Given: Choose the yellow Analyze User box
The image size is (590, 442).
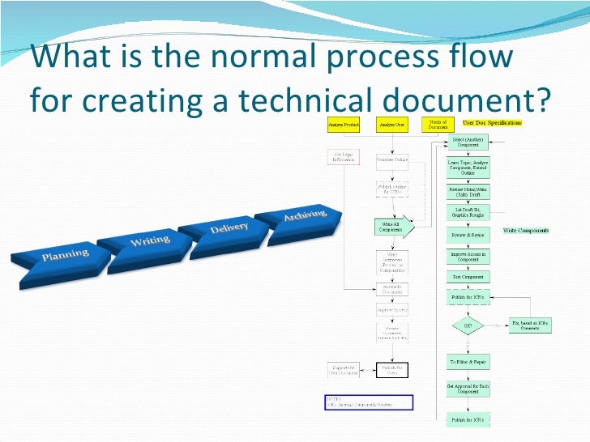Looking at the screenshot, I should point(392,125).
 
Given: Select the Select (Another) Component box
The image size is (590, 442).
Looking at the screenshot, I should point(468,142).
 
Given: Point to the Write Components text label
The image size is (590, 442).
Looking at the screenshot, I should point(526,231).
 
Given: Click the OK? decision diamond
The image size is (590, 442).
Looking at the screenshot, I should point(468,326).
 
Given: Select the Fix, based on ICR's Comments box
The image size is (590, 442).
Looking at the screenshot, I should point(531,325).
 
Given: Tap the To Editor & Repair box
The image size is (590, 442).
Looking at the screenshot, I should point(468,362).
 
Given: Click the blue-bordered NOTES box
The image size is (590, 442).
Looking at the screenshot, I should point(369,402).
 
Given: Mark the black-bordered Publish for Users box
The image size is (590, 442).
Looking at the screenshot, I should point(392,370).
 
